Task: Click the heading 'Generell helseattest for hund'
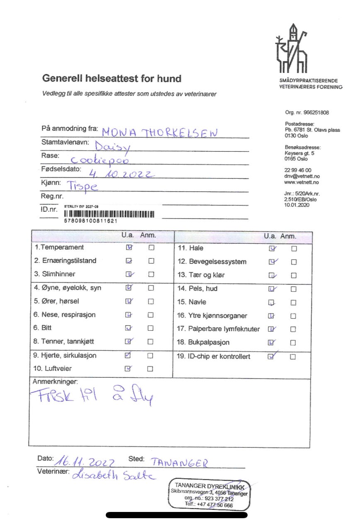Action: tap(112, 78)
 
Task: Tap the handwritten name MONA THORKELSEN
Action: tap(160, 132)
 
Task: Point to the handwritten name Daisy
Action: tap(112, 146)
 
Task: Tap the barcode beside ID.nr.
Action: tap(109, 214)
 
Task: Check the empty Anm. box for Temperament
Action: tap(151, 247)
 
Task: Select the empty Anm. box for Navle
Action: tap(294, 303)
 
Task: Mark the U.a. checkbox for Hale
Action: tap(272, 249)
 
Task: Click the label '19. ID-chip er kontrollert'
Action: tap(214, 356)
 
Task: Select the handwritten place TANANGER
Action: tap(179, 462)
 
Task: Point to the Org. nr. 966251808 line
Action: tap(306, 113)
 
